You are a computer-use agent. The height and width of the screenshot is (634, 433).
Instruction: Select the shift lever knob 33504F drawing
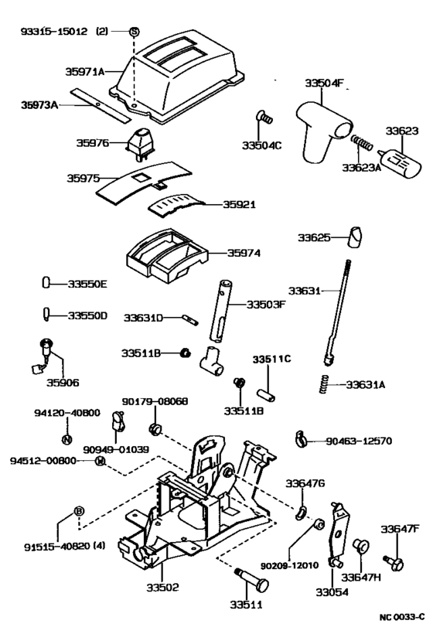(x=322, y=128)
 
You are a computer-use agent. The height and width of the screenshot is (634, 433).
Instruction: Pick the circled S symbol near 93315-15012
(x=134, y=32)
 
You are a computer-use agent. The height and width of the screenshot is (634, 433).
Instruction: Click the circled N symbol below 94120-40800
(x=66, y=439)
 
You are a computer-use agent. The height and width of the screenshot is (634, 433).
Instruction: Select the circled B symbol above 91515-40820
(x=78, y=511)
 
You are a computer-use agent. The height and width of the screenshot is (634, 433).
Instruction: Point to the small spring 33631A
(x=325, y=383)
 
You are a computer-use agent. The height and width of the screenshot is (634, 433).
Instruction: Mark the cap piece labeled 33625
(x=355, y=236)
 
